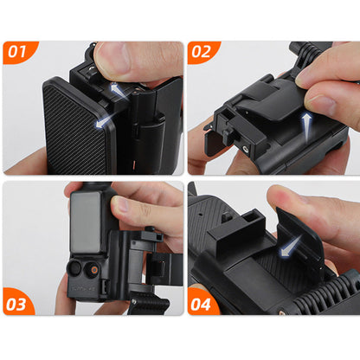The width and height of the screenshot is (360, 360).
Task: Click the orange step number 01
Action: [17, 51]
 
